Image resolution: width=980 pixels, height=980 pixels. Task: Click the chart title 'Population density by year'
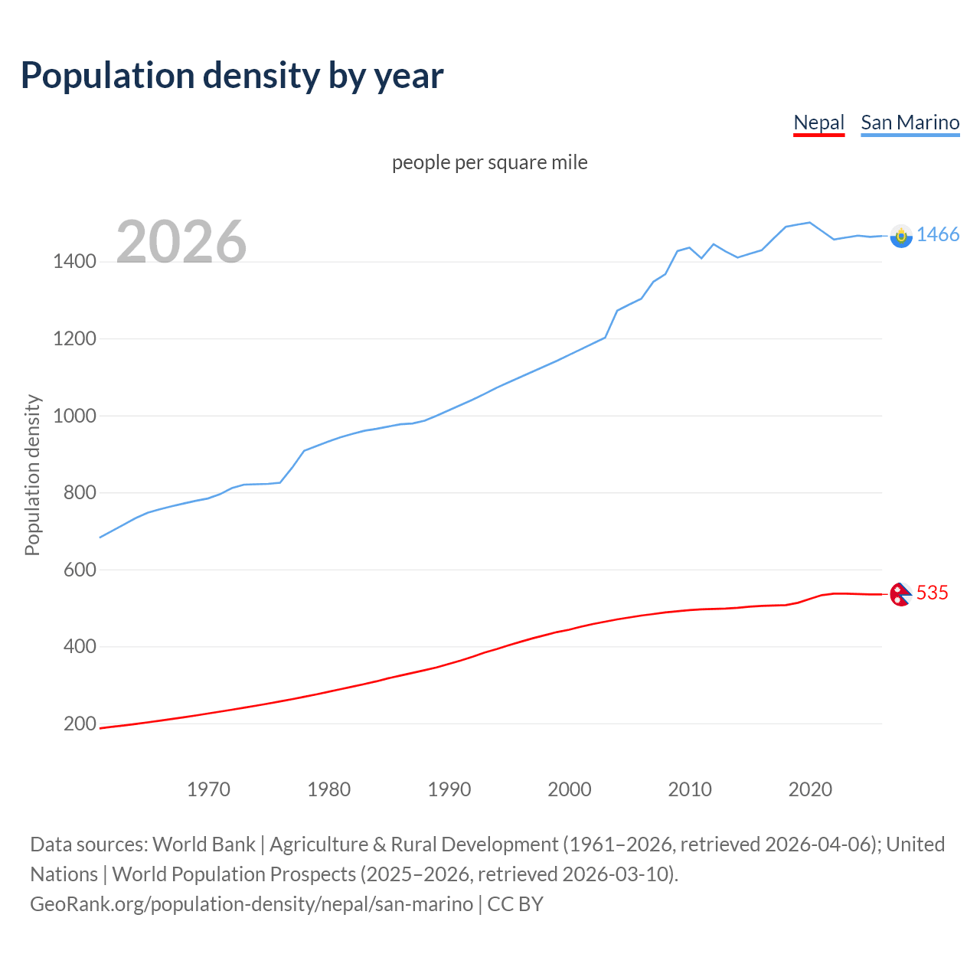pyautogui.click(x=232, y=76)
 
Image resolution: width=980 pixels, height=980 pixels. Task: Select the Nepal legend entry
pyautogui.click(x=818, y=122)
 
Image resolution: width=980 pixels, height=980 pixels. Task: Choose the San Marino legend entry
pyautogui.click(x=910, y=122)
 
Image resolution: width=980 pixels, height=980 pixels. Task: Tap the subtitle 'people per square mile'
pyautogui.click(x=489, y=162)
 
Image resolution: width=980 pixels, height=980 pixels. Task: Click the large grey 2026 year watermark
pyautogui.click(x=181, y=242)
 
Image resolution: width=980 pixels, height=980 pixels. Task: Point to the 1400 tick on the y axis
pyautogui.click(x=74, y=262)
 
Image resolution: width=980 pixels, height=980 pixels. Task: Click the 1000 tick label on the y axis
pyautogui.click(x=74, y=416)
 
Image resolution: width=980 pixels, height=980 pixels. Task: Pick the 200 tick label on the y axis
pyautogui.click(x=80, y=724)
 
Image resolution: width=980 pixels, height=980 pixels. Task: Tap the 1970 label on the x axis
pyautogui.click(x=208, y=789)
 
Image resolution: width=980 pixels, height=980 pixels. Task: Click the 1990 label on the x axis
pyautogui.click(x=449, y=789)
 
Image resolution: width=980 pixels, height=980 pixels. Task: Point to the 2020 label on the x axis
pyautogui.click(x=810, y=789)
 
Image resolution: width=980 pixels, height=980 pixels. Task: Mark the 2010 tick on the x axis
pyautogui.click(x=690, y=789)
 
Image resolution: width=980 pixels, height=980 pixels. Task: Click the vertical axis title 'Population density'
pyautogui.click(x=32, y=475)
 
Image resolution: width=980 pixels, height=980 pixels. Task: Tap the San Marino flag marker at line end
pyautogui.click(x=901, y=236)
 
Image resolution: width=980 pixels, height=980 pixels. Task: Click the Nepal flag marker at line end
pyautogui.click(x=900, y=594)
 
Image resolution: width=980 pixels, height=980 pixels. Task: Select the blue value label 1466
pyautogui.click(x=938, y=234)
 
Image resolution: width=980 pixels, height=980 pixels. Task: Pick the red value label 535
pyautogui.click(x=933, y=593)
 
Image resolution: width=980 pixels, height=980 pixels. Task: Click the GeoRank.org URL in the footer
pyautogui.click(x=251, y=904)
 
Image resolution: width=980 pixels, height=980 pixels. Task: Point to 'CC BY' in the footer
pyautogui.click(x=515, y=904)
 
